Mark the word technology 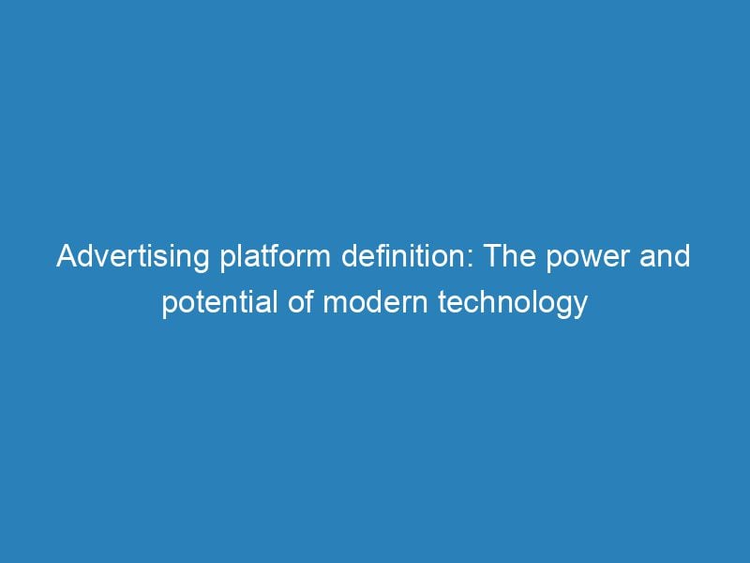[506, 305]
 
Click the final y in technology [580, 309]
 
